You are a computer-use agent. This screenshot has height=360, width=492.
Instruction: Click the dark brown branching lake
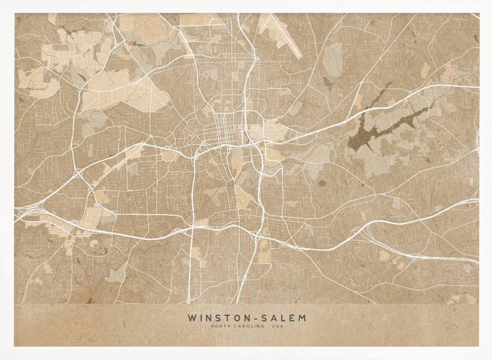coord(374,128)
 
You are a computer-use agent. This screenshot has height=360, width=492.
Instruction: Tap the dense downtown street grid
coord(224,131)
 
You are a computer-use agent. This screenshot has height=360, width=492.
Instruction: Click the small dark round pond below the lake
coord(322,183)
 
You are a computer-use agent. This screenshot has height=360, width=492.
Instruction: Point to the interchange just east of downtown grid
coord(256,143)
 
